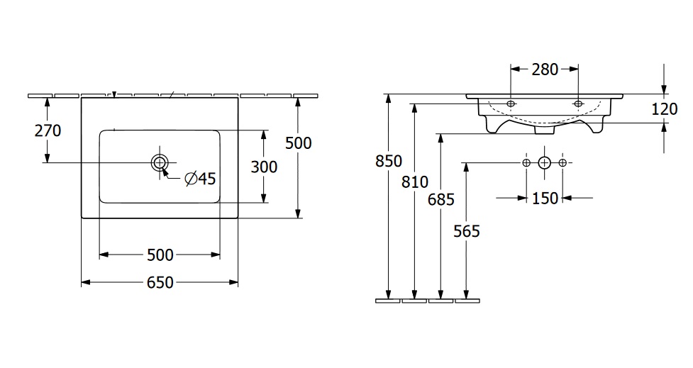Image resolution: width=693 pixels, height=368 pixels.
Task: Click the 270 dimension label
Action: (48, 130)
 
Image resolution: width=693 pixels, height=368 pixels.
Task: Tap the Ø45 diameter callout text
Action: (200, 179)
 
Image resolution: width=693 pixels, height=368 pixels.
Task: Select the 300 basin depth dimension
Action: (264, 167)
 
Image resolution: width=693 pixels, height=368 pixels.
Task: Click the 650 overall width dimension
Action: (160, 282)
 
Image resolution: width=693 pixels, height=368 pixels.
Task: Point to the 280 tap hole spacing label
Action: (545, 69)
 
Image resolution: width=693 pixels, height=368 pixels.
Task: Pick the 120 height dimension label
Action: (664, 108)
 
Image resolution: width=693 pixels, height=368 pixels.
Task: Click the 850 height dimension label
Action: (389, 161)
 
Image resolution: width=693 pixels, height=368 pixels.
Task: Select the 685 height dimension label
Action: (441, 199)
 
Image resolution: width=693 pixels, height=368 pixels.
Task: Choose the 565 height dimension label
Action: (467, 230)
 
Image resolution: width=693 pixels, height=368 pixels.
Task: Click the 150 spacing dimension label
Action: (545, 199)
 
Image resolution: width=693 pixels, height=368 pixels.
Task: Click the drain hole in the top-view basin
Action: (160, 162)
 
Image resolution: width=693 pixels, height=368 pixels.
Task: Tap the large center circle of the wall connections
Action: (544, 163)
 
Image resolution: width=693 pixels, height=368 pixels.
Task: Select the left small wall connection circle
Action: (526, 163)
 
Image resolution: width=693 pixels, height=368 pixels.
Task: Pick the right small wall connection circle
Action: (562, 163)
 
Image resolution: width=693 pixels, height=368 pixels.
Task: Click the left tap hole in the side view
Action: (511, 104)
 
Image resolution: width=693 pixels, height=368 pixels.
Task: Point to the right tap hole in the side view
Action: (578, 104)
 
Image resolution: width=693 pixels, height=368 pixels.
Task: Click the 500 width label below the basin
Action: (160, 255)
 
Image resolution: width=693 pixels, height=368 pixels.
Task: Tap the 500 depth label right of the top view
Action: (298, 143)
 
